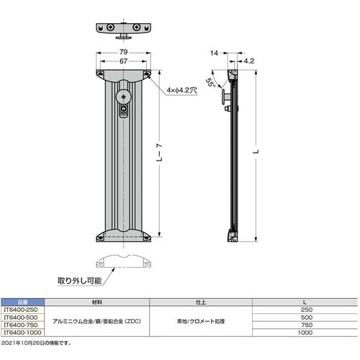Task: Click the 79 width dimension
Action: pyautogui.click(x=124, y=53)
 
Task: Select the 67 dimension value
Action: pyautogui.click(x=124, y=63)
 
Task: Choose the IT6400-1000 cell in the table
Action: pyautogui.click(x=24, y=333)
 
